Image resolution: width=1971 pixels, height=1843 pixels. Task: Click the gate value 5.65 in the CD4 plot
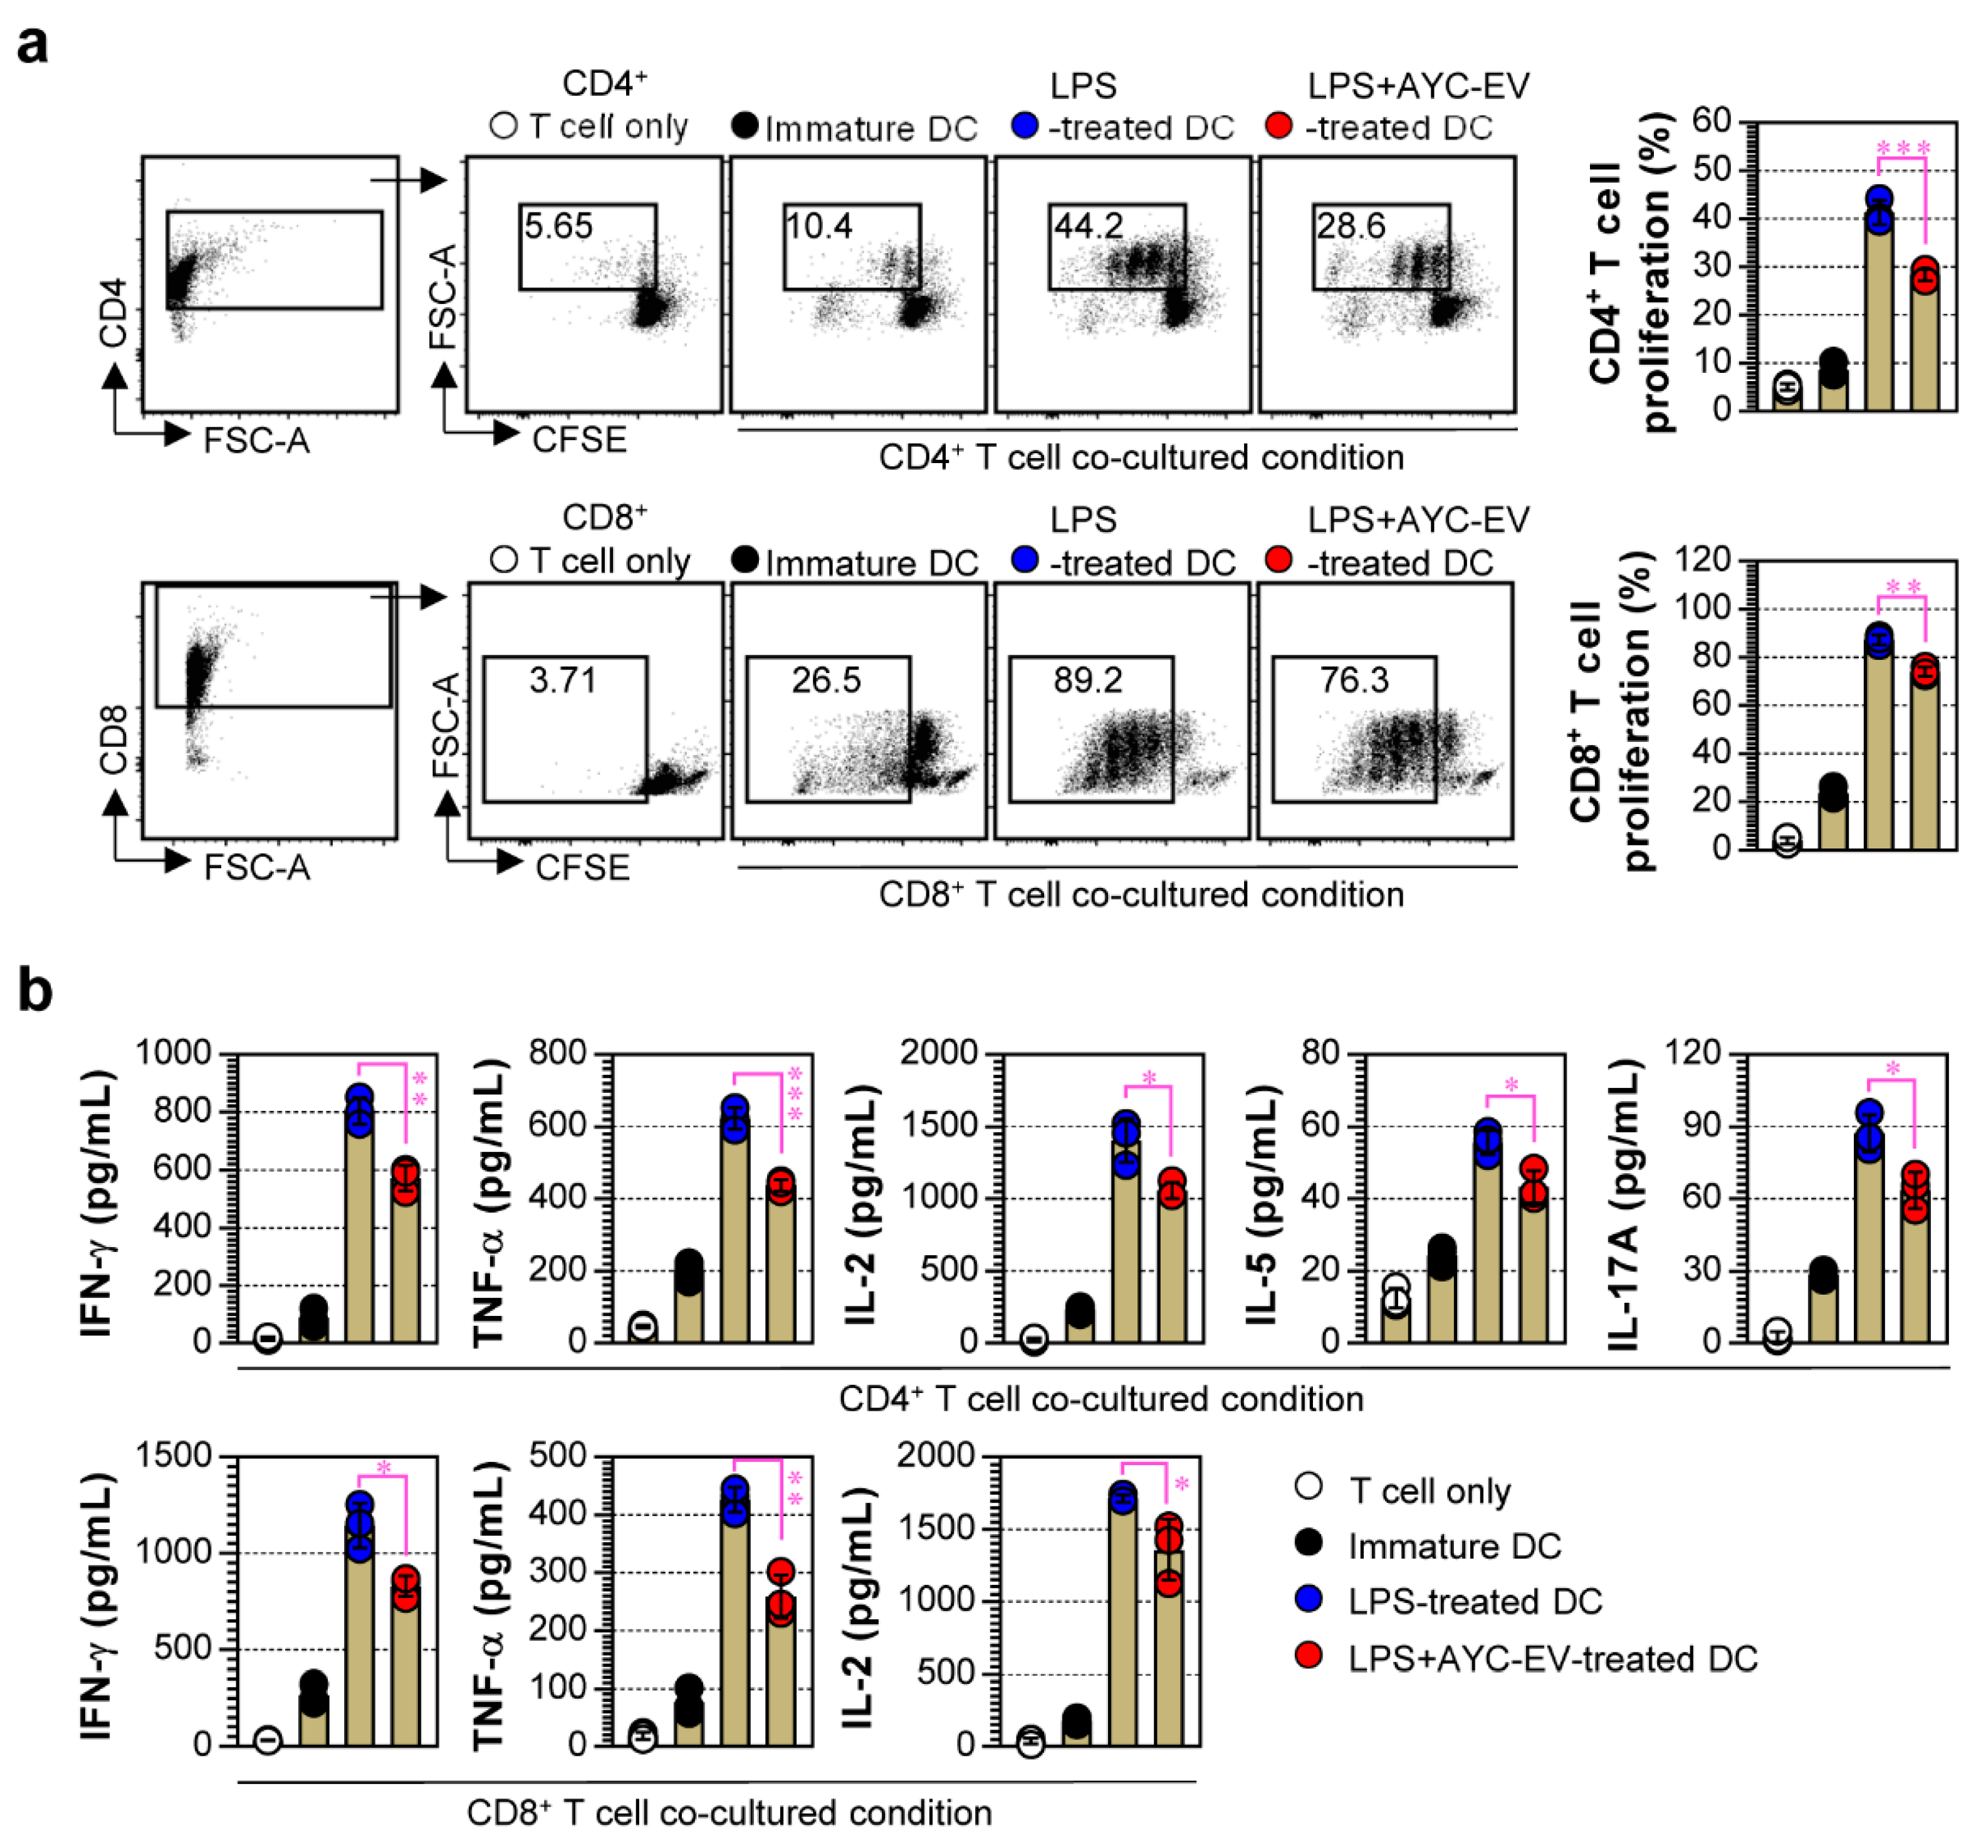(558, 226)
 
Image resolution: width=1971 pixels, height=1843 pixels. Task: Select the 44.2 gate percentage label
(1087, 226)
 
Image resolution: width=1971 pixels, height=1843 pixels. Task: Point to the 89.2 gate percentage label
(1087, 680)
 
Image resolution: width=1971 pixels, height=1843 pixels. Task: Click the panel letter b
(36, 989)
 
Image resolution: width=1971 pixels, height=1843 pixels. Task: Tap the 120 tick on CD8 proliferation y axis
(1702, 560)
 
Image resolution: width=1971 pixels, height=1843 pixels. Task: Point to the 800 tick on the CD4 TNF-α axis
(558, 1052)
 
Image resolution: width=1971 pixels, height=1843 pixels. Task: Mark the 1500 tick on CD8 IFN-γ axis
(174, 1455)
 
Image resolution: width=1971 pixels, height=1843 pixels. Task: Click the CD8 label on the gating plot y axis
(114, 739)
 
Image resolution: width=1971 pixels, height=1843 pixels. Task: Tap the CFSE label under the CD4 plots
(579, 439)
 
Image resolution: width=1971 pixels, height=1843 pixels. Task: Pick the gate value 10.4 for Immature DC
(819, 226)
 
